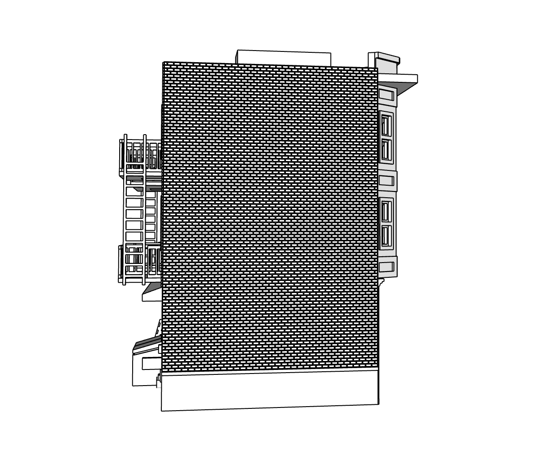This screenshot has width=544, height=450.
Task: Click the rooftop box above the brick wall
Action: tap(283, 57)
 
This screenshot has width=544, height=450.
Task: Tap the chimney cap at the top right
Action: tap(388, 58)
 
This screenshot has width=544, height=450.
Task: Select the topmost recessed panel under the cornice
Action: tap(386, 95)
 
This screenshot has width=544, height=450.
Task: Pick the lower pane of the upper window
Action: tap(385, 149)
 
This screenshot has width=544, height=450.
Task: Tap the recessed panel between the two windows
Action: tap(386, 181)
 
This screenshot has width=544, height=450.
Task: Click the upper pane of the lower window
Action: tap(385, 210)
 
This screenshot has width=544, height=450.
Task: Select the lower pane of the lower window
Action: tap(385, 236)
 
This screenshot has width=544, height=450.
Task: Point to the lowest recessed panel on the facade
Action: tap(386, 267)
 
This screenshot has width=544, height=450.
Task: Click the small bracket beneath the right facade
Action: tap(382, 281)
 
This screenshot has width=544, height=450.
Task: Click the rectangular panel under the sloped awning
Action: tap(151, 364)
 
